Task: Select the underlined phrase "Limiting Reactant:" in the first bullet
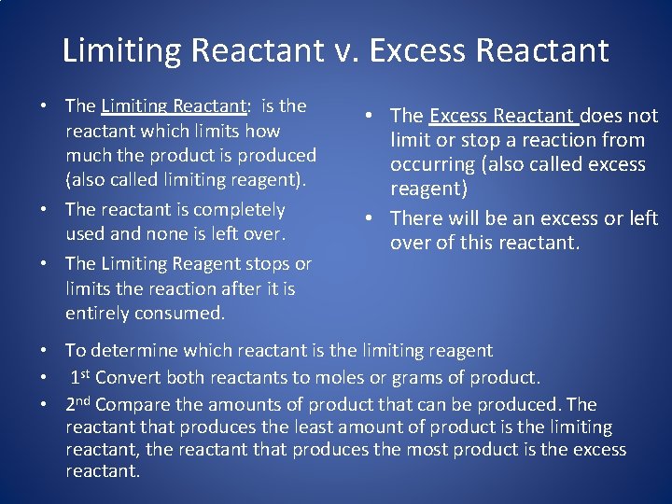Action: [x=174, y=106]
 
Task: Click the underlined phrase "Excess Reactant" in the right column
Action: [x=501, y=116]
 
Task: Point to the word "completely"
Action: [x=238, y=210]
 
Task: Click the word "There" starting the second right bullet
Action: [x=413, y=218]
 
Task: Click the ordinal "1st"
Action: [x=80, y=378]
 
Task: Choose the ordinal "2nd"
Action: [x=78, y=404]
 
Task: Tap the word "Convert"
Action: [x=128, y=378]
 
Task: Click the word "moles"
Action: [x=340, y=378]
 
